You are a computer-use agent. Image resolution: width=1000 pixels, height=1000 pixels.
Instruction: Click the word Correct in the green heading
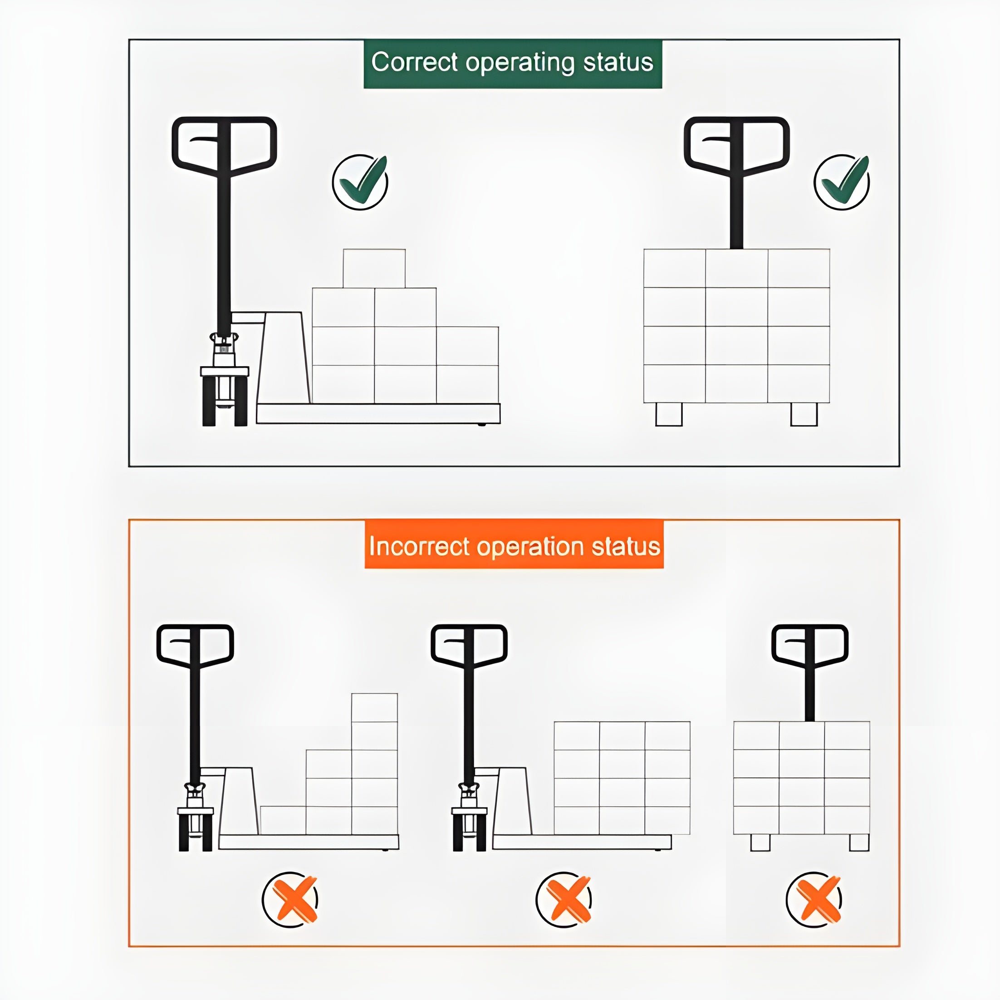[x=415, y=62]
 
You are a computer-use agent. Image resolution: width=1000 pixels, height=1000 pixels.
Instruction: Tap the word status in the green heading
[x=618, y=62]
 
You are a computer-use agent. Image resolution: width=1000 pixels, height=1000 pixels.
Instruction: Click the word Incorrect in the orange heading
[x=419, y=547]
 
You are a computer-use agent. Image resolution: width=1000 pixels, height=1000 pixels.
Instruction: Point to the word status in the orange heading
[x=626, y=547]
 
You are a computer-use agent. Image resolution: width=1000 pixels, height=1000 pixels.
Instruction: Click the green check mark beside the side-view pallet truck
[x=360, y=181]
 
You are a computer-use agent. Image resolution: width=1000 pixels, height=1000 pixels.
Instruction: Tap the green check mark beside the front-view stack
[x=842, y=181]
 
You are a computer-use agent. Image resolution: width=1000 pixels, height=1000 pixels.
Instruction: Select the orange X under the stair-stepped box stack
[x=290, y=900]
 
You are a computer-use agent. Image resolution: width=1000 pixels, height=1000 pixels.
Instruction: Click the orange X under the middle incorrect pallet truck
[x=564, y=900]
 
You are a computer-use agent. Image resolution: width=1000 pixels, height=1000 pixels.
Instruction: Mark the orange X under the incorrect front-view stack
[x=814, y=900]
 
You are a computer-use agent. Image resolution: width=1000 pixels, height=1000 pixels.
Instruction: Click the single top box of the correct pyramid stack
[x=374, y=269]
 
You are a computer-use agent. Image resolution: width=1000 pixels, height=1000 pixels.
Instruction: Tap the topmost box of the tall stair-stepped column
[x=375, y=707]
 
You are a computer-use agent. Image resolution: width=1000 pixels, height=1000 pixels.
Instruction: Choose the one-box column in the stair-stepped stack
[x=283, y=820]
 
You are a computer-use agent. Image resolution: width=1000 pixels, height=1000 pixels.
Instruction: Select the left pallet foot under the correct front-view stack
[x=669, y=414]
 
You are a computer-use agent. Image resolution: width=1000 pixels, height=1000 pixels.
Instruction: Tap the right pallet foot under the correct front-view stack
[x=804, y=414]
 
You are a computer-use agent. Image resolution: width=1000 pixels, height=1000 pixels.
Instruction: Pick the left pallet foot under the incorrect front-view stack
[x=760, y=842]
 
